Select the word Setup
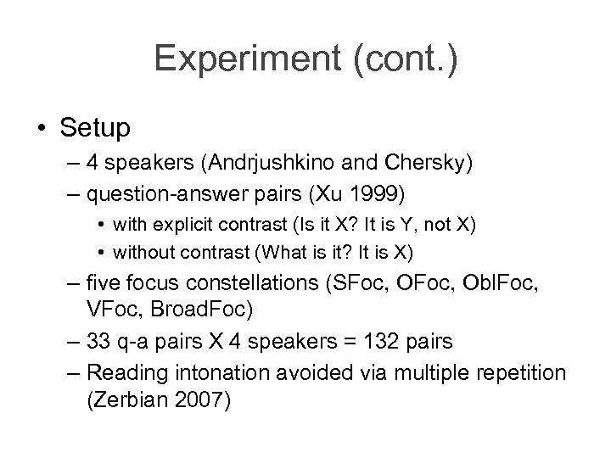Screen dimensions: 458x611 [x=95, y=128]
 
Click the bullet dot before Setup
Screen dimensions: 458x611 [x=42, y=129]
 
